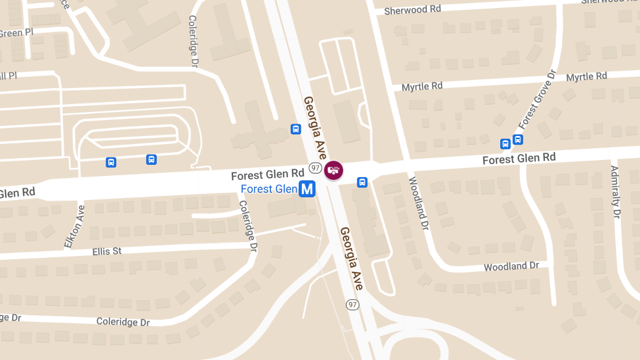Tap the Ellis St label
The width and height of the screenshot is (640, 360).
pyautogui.click(x=107, y=251)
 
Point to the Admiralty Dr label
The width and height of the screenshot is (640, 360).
pyautogui.click(x=616, y=192)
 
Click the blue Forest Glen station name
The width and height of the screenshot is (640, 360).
pyautogui.click(x=269, y=189)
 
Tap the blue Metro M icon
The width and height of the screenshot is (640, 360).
pyautogui.click(x=307, y=189)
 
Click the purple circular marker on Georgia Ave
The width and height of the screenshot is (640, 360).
pyautogui.click(x=334, y=170)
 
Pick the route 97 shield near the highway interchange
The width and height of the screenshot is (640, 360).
pyautogui.click(x=352, y=305)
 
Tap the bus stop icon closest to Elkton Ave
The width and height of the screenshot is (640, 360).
pyautogui.click(x=111, y=162)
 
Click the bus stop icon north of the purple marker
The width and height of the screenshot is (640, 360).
pyautogui.click(x=295, y=129)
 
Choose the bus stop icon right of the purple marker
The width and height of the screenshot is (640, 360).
pyautogui.click(x=362, y=182)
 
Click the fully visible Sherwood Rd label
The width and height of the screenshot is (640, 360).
pyautogui.click(x=406, y=10)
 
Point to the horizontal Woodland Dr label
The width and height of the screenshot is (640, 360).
pyautogui.click(x=511, y=266)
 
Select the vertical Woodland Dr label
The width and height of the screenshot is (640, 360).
pyautogui.click(x=419, y=203)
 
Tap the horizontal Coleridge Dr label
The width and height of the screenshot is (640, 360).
pyautogui.click(x=123, y=322)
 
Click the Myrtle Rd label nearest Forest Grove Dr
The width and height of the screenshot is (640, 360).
pyautogui.click(x=587, y=77)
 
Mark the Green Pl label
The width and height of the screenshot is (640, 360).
pyautogui.click(x=16, y=33)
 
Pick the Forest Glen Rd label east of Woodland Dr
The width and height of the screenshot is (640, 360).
pyautogui.click(x=519, y=158)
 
